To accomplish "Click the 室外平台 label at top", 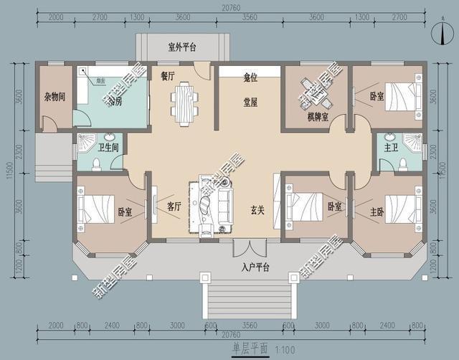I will [x=183, y=48].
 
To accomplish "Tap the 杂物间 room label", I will [x=55, y=95].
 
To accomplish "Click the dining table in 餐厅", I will [x=184, y=100].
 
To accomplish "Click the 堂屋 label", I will [x=250, y=102].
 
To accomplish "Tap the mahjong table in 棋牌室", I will [x=316, y=91].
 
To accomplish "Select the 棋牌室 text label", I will [x=317, y=116].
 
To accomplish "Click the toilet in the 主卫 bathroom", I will [x=403, y=164].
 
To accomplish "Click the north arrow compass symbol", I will [x=432, y=28].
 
